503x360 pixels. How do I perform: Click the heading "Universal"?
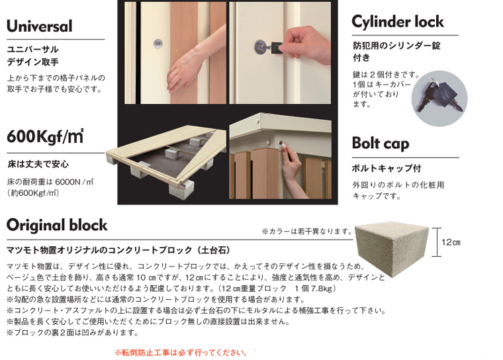coord(40,26)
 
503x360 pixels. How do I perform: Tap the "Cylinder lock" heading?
coord(398,22)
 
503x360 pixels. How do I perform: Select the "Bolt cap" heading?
coord(381,144)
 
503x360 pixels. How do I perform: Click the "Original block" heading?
coord(57,225)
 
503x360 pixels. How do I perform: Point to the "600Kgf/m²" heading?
coord(45,136)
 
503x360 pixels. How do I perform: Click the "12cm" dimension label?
coord(451,242)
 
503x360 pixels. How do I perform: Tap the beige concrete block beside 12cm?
coord(392,246)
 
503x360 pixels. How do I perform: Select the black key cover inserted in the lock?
coord(276,48)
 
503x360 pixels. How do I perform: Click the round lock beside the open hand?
coord(158,44)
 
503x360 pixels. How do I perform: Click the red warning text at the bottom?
coord(181,353)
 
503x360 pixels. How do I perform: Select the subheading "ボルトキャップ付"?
coord(387,168)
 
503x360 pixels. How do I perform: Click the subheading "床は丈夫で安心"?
coord(38,164)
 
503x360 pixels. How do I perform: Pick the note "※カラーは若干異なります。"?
coord(307,232)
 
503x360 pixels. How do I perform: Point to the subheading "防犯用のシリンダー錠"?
coord(396,46)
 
